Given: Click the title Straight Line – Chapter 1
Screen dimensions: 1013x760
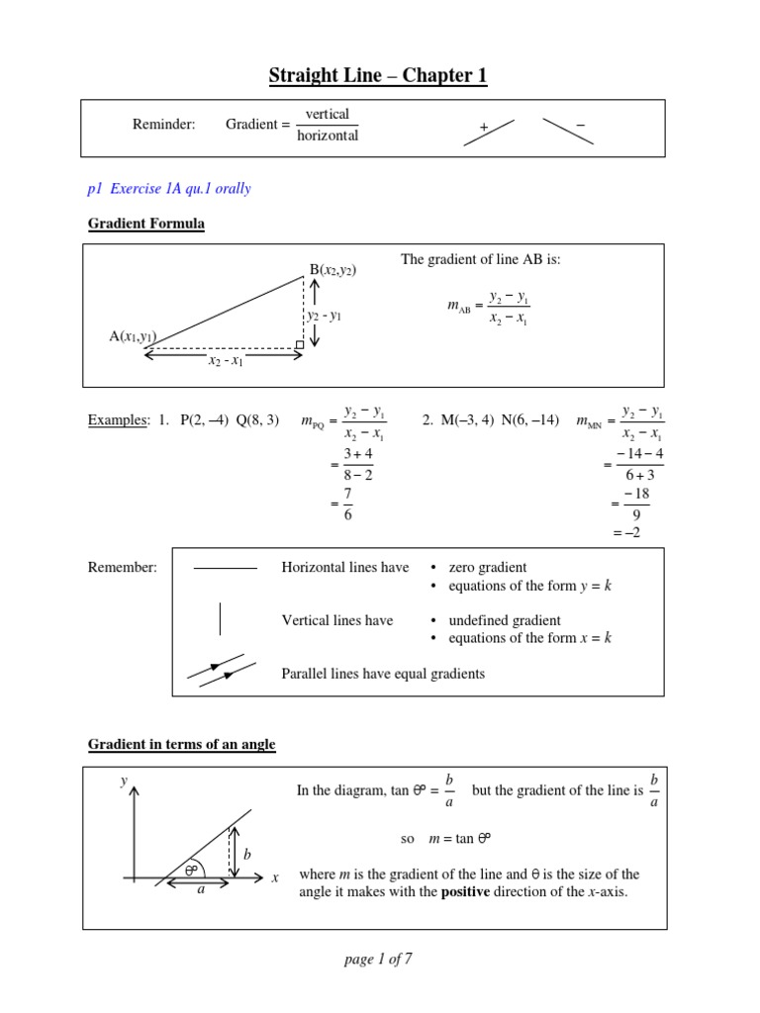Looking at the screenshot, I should click(379, 76).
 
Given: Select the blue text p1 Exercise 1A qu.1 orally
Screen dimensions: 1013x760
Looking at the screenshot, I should click(169, 188).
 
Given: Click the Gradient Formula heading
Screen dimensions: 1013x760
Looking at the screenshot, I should click(146, 224).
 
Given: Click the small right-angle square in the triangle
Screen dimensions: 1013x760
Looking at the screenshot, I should click(300, 344).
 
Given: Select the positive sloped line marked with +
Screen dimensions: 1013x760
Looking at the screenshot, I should click(489, 133).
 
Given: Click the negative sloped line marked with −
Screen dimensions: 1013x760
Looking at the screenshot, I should click(568, 132).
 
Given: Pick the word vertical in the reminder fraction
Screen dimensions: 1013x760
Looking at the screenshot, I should click(328, 114).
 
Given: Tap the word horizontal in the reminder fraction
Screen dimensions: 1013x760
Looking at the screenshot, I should click(328, 136).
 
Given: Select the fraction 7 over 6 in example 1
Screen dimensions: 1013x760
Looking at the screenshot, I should click(348, 504).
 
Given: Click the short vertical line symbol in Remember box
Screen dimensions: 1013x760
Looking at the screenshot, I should click(220, 619).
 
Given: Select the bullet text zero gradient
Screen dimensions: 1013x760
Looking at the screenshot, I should click(488, 567).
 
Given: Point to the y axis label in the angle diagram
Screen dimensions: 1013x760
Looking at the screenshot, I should click(124, 781).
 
